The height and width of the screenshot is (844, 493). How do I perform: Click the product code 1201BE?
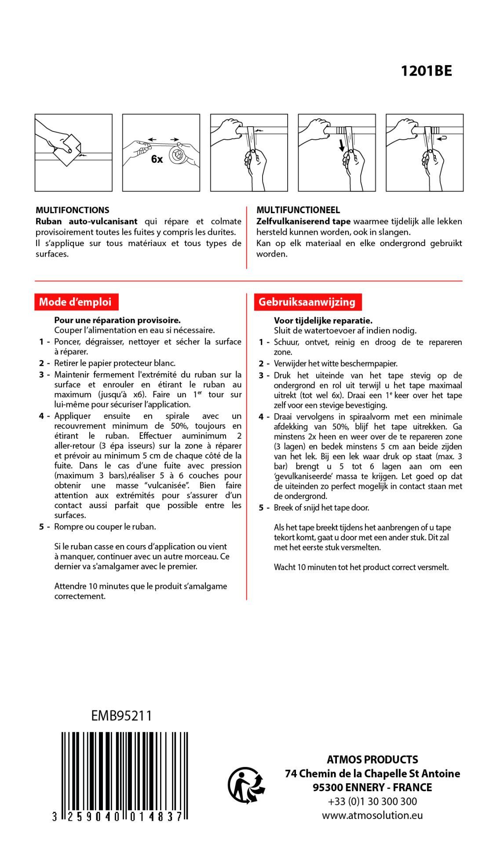point(426,71)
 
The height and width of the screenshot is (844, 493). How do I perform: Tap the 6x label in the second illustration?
point(157,159)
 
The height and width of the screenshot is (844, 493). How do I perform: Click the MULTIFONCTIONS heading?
point(73,210)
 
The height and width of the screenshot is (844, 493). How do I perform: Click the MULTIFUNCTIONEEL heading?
point(298,210)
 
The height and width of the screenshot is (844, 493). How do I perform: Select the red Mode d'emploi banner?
point(76,302)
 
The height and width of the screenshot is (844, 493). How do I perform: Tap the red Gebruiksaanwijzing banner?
point(307,302)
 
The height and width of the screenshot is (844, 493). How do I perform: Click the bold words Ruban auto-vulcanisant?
point(86,222)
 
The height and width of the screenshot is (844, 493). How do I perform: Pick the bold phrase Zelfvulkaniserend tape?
point(303,222)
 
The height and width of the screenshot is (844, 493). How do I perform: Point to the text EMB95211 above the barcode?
point(121,716)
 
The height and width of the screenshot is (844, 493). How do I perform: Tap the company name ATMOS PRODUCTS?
point(372,760)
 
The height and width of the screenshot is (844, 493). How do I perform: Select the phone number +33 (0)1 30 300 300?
point(372,801)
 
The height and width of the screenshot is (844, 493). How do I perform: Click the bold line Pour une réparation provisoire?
point(117,320)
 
